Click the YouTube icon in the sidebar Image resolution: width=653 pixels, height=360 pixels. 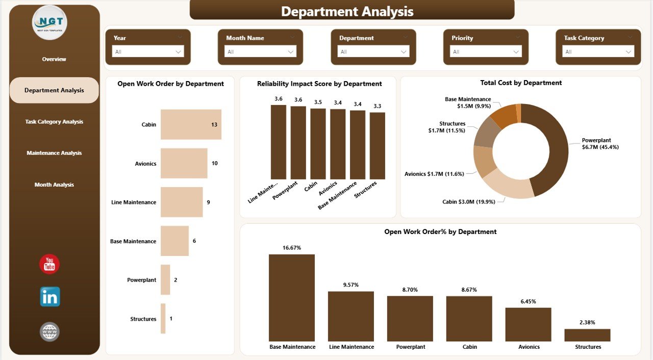(49, 264)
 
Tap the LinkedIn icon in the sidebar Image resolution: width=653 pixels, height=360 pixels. (50, 297)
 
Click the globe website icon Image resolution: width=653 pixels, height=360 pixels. (49, 332)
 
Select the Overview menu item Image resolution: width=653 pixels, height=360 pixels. (54, 59)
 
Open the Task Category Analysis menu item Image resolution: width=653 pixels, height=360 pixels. (54, 122)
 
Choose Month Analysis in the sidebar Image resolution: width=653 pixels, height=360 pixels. (54, 185)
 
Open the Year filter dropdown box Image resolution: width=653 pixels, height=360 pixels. (148, 52)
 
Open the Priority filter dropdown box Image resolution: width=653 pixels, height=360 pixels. (486, 52)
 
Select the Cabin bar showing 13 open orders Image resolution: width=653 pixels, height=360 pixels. (191, 124)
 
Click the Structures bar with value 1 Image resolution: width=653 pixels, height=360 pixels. (163, 319)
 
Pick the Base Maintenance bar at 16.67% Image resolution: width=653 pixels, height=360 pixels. (292, 298)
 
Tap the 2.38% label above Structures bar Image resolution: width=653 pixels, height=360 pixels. (587, 322)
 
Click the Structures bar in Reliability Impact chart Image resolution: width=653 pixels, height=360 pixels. (378, 145)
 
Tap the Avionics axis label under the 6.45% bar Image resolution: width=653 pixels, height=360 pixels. (529, 347)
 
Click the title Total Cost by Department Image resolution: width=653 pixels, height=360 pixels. (521, 83)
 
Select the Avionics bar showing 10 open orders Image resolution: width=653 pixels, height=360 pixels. (184, 163)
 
